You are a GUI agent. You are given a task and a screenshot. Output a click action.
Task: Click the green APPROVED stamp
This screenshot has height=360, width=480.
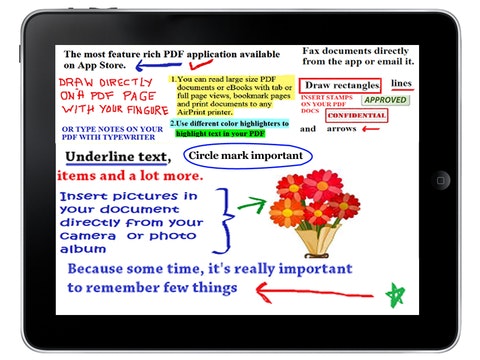(384, 100)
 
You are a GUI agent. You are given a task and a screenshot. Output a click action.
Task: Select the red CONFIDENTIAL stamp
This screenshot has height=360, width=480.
(356, 115)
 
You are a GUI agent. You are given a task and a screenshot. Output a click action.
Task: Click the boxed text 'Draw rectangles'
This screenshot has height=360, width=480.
(340, 85)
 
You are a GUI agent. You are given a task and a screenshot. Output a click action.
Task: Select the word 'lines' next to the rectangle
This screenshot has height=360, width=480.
(401, 83)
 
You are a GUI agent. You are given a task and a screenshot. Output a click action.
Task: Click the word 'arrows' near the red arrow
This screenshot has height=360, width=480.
(341, 129)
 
